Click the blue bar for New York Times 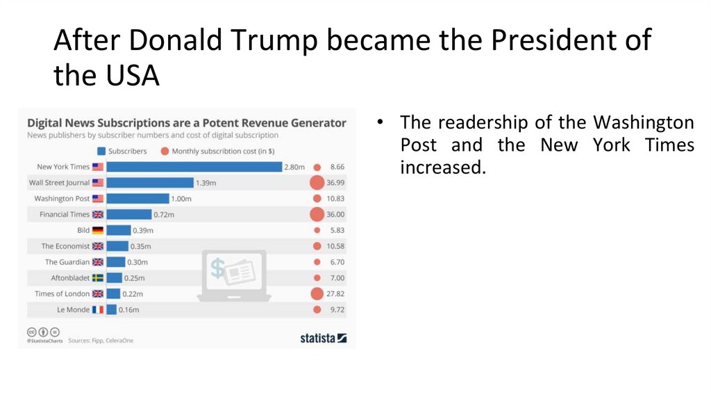[x=194, y=167]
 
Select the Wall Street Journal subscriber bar [x=150, y=183]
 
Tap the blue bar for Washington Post [x=137, y=199]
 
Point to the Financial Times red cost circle [x=317, y=215]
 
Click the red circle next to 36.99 [x=317, y=183]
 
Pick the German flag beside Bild [x=98, y=230]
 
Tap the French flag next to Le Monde [x=98, y=309]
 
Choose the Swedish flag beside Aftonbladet [x=98, y=278]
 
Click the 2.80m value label [x=294, y=167]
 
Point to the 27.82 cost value [x=335, y=294]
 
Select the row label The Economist [x=66, y=246]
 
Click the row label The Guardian [x=67, y=262]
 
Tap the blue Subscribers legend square [x=101, y=151]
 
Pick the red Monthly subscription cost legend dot [x=165, y=151]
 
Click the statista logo [x=323, y=339]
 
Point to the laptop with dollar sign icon [x=234, y=275]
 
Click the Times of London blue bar [x=113, y=294]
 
